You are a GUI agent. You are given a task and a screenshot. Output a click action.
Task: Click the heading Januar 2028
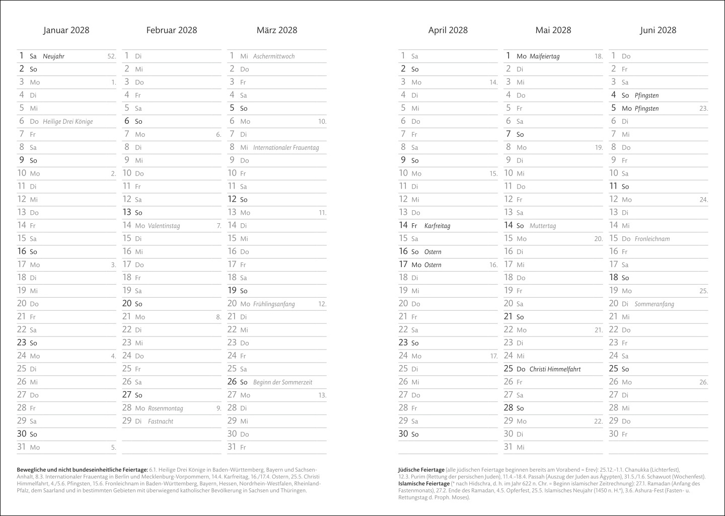[66, 30]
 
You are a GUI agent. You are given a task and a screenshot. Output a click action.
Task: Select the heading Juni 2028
[658, 30]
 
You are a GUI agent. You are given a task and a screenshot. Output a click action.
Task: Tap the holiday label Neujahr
[54, 56]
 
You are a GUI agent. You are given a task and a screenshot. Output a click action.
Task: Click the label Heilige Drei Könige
[68, 121]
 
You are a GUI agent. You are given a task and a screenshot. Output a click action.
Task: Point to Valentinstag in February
[164, 226]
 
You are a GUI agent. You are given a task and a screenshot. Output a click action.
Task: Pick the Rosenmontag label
[165, 408]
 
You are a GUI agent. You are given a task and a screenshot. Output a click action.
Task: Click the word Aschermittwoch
[274, 56]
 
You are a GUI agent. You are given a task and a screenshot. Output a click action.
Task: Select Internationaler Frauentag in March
[286, 147]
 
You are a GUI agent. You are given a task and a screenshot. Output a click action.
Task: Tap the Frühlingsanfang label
[274, 304]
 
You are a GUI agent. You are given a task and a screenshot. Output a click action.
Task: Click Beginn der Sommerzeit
[282, 382]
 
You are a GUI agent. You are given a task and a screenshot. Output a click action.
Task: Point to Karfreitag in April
[437, 226]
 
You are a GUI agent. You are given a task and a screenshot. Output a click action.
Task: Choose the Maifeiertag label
[544, 56]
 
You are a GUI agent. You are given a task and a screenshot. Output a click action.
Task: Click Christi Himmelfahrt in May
[555, 369]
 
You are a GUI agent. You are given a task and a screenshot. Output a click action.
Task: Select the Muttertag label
[543, 226]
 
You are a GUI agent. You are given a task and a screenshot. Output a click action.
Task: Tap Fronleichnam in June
[652, 239]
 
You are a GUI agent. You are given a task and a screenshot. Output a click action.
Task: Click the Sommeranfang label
[654, 304]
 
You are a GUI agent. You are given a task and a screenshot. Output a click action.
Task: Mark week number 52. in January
[112, 56]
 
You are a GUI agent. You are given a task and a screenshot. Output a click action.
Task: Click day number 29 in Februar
[127, 421]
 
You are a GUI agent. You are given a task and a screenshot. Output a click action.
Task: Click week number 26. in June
[703, 382]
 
